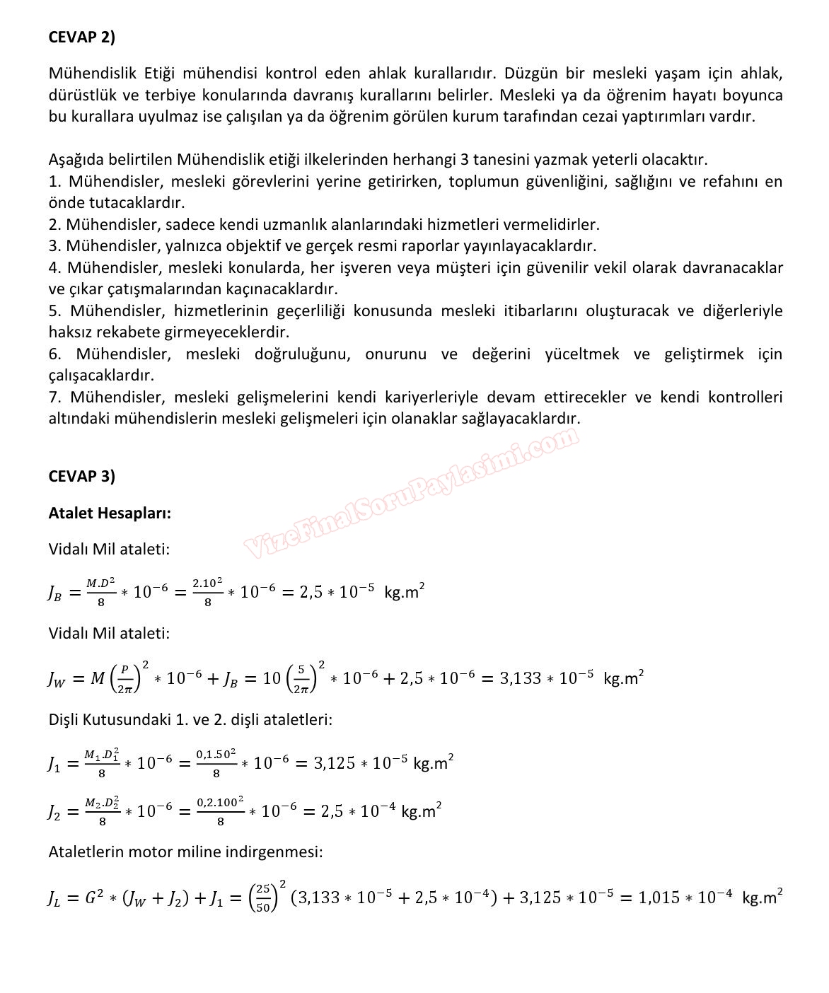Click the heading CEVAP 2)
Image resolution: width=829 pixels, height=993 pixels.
click(81, 37)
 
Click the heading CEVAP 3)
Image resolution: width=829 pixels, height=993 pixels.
click(81, 475)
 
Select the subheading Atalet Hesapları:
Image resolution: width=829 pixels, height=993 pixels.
click(110, 513)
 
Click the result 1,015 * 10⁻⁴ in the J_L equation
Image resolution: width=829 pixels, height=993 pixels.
click(686, 898)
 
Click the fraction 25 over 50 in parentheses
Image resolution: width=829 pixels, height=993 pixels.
click(262, 898)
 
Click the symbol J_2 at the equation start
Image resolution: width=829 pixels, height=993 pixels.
click(54, 812)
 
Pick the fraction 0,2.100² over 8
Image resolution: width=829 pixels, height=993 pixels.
click(221, 811)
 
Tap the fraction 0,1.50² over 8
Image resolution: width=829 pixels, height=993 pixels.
click(216, 763)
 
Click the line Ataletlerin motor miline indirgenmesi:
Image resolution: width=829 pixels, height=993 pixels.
click(185, 852)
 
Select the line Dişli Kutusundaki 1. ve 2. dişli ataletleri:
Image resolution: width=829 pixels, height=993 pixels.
click(190, 719)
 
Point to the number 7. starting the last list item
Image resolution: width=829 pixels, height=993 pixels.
click(55, 397)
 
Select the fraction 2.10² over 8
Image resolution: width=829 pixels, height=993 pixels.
click(207, 592)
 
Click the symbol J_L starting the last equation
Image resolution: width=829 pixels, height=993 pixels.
click(54, 899)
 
